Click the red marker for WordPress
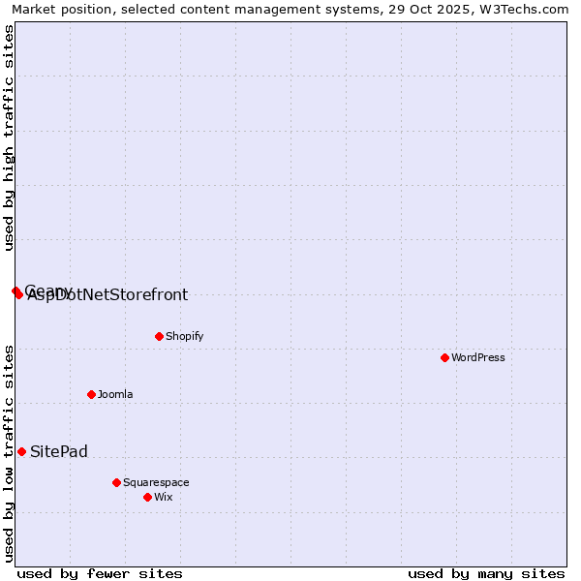pyautogui.click(x=444, y=357)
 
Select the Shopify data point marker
pyautogui.click(x=159, y=336)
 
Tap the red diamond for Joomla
pyautogui.click(x=91, y=394)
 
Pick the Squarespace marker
pyautogui.click(x=116, y=482)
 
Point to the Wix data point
pyautogui.click(x=147, y=497)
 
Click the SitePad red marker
pyautogui.click(x=21, y=451)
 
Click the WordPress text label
pyautogui.click(x=478, y=357)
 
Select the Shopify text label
pyautogui.click(x=184, y=336)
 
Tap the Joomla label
pyautogui.click(x=115, y=394)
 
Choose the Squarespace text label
pyautogui.click(x=156, y=482)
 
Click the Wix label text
pyautogui.click(x=164, y=497)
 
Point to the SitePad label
pyautogui.click(x=59, y=451)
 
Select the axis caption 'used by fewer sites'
pyautogui.click(x=100, y=573)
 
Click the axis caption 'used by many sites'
pyautogui.click(x=486, y=573)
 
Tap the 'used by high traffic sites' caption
pyautogui.click(x=10, y=138)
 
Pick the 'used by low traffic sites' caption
pyautogui.click(x=10, y=452)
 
